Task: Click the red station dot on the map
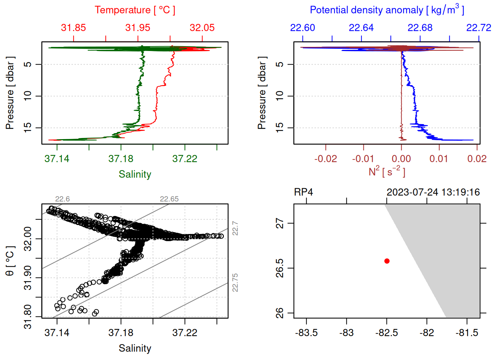click(387, 261)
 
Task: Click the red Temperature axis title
click(135, 10)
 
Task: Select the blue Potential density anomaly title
click(387, 10)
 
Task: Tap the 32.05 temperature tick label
click(202, 28)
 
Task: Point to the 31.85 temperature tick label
click(73, 28)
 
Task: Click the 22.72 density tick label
click(478, 28)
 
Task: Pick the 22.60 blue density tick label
click(303, 28)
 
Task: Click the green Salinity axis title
click(135, 174)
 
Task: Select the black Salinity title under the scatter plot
click(135, 348)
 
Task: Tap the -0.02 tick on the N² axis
click(325, 159)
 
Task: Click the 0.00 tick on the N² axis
click(401, 159)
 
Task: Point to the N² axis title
click(387, 172)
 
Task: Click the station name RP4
click(303, 192)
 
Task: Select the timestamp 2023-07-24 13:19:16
click(433, 192)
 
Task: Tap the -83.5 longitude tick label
click(306, 333)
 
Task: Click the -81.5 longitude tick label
click(467, 333)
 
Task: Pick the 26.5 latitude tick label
click(280, 268)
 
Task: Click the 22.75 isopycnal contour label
click(235, 283)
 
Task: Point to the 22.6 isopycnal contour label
click(62, 199)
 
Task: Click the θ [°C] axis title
click(10, 261)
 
